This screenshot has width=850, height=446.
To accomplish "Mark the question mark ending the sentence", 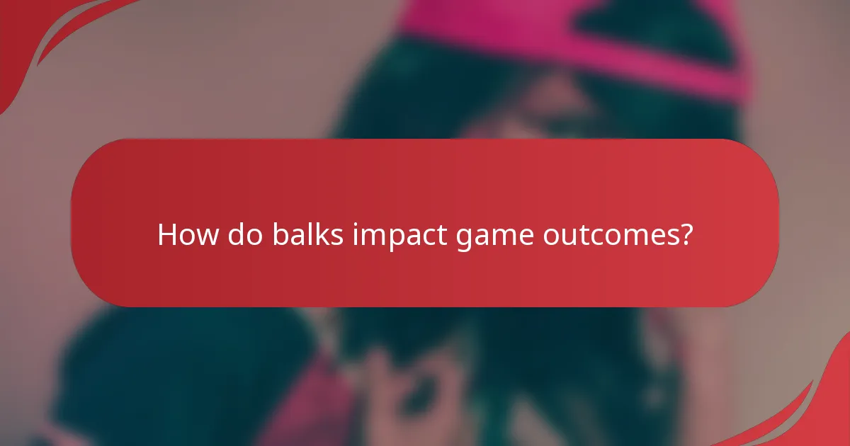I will pos(684,234).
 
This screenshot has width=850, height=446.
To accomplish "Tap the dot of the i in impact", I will pos(356,224).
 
